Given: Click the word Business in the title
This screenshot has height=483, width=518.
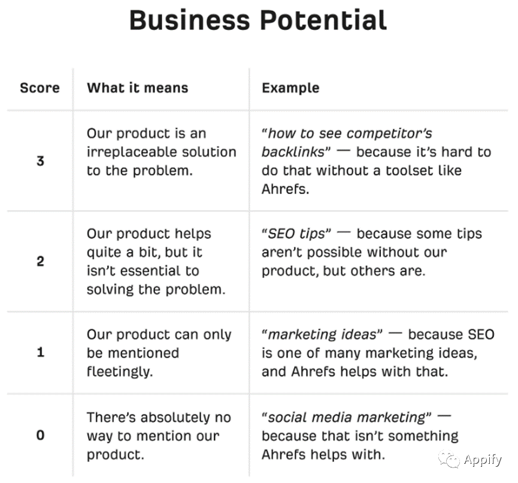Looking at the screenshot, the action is [x=190, y=20].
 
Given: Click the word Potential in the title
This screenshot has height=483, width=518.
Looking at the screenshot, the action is [x=323, y=20].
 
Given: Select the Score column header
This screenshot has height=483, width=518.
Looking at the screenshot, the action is [x=40, y=88].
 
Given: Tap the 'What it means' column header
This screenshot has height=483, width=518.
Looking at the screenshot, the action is [x=137, y=88].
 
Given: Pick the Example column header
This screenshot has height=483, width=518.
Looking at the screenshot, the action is [x=290, y=88].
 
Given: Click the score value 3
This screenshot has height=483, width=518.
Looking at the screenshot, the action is [x=40, y=161].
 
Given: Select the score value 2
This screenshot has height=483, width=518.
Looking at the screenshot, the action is [x=40, y=261].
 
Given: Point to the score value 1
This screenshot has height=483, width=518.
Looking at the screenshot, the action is [x=41, y=352].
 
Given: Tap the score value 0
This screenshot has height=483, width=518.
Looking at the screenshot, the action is [x=40, y=435].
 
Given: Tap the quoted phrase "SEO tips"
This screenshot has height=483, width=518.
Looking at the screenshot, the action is [x=296, y=234].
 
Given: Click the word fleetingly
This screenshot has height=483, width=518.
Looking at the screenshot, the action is [x=120, y=372].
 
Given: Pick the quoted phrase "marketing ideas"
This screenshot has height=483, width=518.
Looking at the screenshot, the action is [x=322, y=335].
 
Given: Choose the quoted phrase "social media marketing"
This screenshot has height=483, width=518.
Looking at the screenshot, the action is [x=347, y=418].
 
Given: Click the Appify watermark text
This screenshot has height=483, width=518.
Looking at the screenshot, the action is [x=483, y=460].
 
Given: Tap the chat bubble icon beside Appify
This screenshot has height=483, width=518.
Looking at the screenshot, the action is [x=449, y=459].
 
